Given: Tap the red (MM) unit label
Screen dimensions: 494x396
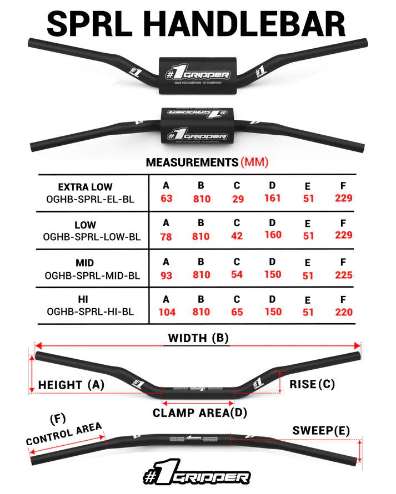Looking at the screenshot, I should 255,162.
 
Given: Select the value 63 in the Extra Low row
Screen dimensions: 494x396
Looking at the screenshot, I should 166,198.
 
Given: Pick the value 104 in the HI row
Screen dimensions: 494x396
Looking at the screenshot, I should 167,312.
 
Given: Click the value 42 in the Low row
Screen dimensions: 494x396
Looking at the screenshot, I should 237,236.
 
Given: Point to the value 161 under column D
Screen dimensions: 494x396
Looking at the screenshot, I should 272,198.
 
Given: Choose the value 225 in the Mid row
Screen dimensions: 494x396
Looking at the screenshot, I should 344,274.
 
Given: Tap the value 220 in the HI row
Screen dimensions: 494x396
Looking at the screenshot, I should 344,312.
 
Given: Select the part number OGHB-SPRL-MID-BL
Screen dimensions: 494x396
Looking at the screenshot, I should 93,274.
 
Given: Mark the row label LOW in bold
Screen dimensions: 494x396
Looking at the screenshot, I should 85,225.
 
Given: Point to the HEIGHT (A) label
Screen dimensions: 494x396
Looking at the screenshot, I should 71,385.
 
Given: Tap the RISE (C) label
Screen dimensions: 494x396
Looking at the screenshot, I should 312,384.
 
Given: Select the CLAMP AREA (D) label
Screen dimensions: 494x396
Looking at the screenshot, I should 199,413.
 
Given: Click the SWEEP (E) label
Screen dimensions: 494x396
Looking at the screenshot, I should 321,431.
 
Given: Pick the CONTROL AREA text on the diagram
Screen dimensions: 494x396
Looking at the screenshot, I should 64,434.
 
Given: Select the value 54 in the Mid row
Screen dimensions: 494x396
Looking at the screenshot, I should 237,274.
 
